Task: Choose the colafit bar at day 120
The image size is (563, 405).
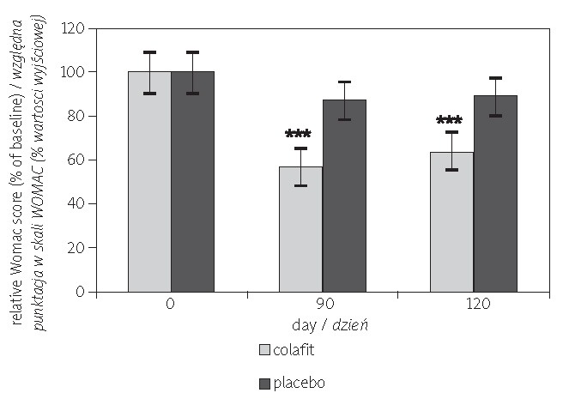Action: click(x=451, y=222)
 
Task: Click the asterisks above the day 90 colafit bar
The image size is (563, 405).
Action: click(x=298, y=135)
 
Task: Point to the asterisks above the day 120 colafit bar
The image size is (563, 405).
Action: click(x=449, y=121)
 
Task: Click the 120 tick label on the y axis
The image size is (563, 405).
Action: click(x=75, y=28)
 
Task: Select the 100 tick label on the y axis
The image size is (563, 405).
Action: click(x=75, y=72)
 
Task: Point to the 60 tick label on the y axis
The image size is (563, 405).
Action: click(x=78, y=160)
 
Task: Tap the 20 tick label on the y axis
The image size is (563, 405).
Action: click(x=78, y=248)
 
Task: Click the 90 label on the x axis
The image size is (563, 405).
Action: click(x=323, y=305)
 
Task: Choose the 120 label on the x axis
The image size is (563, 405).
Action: click(x=474, y=305)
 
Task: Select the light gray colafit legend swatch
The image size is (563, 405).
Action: click(x=264, y=350)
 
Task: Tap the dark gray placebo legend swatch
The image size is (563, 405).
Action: click(x=264, y=383)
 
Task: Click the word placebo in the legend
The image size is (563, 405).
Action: click(x=299, y=383)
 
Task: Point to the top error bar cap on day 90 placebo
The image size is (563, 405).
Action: click(x=344, y=82)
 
